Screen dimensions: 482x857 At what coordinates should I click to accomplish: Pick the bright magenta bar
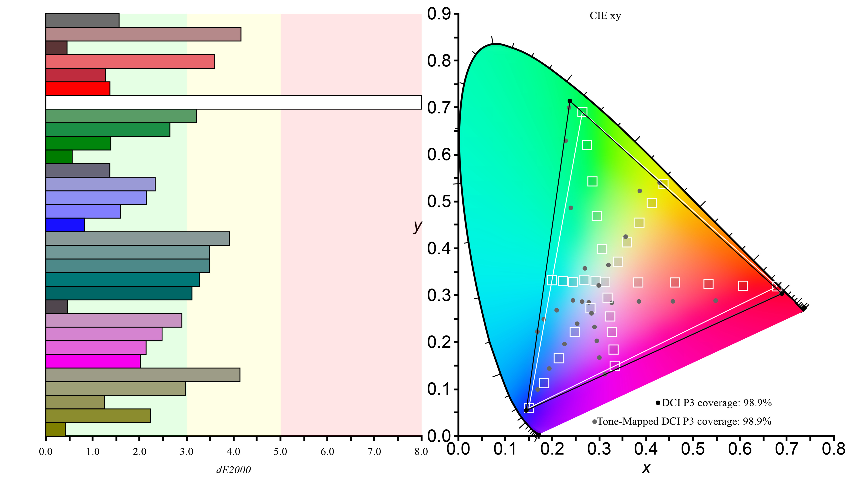tap(93, 361)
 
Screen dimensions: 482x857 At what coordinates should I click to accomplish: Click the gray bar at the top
tap(82, 20)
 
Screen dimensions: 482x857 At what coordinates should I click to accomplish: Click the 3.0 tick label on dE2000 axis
tap(186, 451)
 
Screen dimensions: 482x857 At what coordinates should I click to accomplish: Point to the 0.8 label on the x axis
tap(833, 449)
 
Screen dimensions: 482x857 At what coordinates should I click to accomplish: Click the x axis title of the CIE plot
tap(646, 468)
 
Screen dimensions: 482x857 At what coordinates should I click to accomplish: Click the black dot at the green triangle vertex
tap(570, 101)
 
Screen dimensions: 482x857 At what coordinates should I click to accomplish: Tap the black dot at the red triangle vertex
tap(782, 294)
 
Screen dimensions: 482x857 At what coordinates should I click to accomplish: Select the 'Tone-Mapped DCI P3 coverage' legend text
tap(684, 422)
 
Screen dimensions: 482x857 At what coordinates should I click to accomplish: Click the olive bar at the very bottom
tap(56, 429)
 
